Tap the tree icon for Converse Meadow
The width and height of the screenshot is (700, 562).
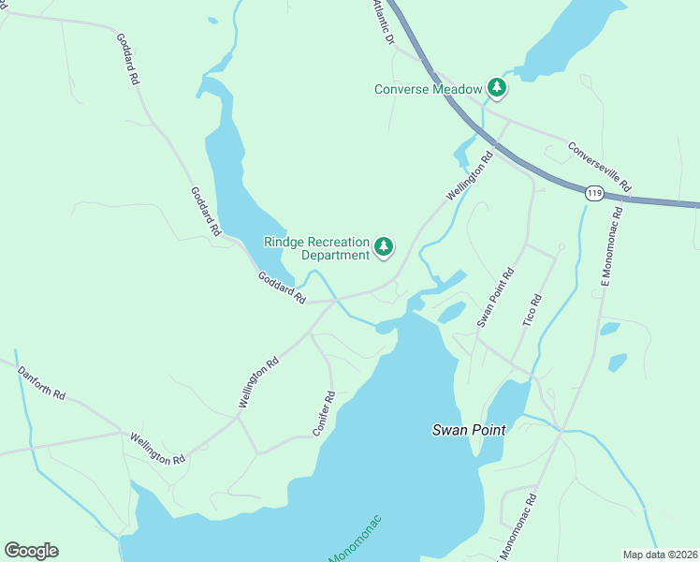(x=496, y=89)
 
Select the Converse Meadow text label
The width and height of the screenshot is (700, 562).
(x=429, y=90)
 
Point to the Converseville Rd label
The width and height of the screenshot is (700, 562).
(x=600, y=167)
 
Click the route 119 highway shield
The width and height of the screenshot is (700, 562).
(x=593, y=193)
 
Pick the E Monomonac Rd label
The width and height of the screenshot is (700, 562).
(x=605, y=256)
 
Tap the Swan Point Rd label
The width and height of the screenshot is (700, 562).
(x=496, y=298)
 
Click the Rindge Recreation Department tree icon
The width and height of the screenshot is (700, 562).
(x=383, y=246)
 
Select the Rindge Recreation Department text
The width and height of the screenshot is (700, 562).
(x=317, y=248)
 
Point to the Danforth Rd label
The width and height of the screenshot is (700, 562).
(x=41, y=383)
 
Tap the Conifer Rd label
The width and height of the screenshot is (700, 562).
(x=324, y=412)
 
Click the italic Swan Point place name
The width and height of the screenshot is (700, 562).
(x=469, y=430)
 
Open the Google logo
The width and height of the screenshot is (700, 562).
(x=31, y=550)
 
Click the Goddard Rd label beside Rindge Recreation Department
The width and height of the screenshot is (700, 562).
(x=283, y=288)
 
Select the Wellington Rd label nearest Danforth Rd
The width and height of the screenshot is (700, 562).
(x=158, y=449)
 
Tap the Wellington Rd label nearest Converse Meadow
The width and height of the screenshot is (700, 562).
(x=470, y=176)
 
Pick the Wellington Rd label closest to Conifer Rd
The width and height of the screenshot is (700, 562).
(x=259, y=381)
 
